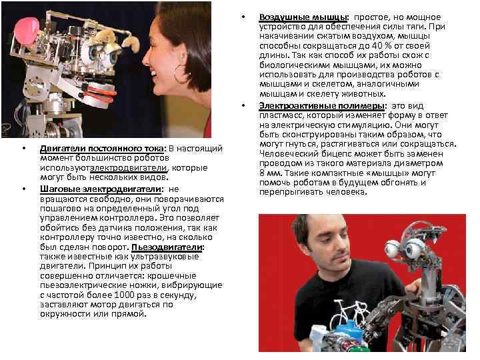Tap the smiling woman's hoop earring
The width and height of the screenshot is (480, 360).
click(x=179, y=75)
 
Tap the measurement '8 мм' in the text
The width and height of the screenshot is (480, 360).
click(x=270, y=173)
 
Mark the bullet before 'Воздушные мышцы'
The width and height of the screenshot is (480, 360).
click(x=244, y=17)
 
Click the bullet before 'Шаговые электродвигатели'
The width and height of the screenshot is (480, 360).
click(x=24, y=189)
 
